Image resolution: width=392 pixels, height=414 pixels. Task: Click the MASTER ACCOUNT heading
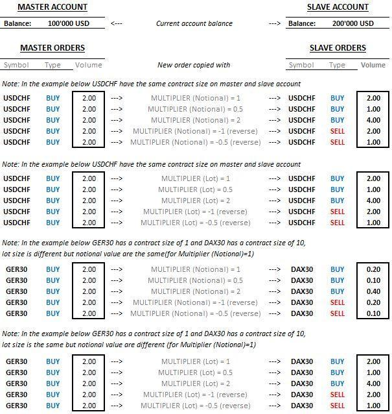click(x=52, y=7)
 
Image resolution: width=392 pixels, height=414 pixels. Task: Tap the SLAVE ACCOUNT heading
click(x=338, y=7)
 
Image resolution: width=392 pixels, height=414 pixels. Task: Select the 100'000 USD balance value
click(x=68, y=23)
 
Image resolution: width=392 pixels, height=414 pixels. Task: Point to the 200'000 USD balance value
click(x=352, y=23)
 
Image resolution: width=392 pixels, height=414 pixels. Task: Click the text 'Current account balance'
click(x=194, y=23)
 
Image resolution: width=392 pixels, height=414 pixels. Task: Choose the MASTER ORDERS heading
click(x=52, y=47)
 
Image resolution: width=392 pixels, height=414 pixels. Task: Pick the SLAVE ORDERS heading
click(x=338, y=47)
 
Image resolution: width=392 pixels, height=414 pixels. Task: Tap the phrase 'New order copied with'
click(x=194, y=65)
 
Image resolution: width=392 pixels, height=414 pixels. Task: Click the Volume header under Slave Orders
click(x=373, y=65)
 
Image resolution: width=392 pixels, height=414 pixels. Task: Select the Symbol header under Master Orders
click(x=16, y=65)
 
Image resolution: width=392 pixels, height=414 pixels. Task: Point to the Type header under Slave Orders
click(x=337, y=65)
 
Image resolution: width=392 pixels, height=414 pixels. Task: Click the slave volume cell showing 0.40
click(x=373, y=291)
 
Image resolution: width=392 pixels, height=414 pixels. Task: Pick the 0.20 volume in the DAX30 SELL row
click(x=373, y=302)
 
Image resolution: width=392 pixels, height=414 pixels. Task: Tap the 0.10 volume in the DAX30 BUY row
click(x=373, y=280)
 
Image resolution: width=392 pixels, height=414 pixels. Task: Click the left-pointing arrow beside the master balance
click(x=117, y=23)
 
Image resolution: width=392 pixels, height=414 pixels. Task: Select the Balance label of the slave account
click(x=302, y=23)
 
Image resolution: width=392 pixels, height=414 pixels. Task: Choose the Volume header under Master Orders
click(x=89, y=65)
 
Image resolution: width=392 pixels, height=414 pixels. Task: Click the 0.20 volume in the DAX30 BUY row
click(x=373, y=269)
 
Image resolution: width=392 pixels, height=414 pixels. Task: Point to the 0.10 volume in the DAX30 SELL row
click(x=373, y=313)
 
